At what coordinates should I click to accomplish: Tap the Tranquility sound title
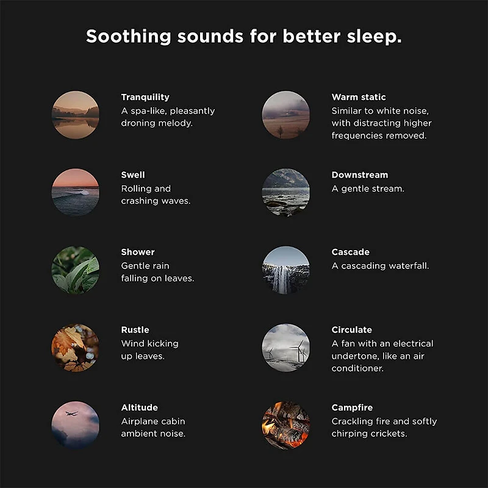[x=145, y=97]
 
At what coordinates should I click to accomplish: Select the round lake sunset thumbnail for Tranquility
[x=75, y=115]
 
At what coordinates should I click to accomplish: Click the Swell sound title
[x=133, y=175]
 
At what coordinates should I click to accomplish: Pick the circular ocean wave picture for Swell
[x=75, y=192]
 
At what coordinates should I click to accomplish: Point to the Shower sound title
[x=138, y=252]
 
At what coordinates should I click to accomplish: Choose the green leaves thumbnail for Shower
[x=75, y=270]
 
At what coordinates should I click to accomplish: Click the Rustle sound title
[x=135, y=330]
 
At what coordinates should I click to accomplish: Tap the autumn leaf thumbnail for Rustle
[x=75, y=348]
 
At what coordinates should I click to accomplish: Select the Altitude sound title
[x=139, y=407]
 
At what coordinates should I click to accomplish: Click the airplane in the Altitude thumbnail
[x=71, y=414]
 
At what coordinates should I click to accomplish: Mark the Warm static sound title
[x=359, y=97]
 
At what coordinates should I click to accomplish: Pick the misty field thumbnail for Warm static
[x=285, y=115]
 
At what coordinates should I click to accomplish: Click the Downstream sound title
[x=360, y=175]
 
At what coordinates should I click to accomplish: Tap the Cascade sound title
[x=351, y=252]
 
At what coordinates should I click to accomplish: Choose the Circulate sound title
[x=352, y=330]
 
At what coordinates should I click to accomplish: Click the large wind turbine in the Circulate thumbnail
[x=299, y=350]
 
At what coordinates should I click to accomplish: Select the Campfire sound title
[x=352, y=407]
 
